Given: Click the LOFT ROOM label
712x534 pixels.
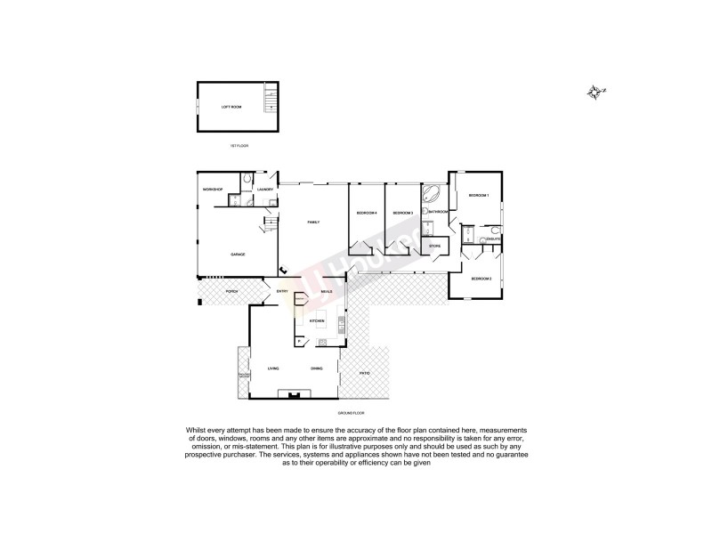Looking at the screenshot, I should [231, 107].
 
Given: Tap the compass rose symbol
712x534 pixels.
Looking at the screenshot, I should [596, 91].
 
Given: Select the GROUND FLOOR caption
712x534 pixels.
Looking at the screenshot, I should [352, 415].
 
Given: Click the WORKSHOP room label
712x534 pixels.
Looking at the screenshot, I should [212, 190].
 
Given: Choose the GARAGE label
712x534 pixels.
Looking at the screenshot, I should [238, 255].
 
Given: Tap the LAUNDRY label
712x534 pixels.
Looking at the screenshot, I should [264, 190].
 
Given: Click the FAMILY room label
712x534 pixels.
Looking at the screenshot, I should [313, 222].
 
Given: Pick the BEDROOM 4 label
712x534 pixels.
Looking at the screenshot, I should [368, 214].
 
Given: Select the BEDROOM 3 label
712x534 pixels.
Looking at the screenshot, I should [404, 214].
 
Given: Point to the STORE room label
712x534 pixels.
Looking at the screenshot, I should [435, 246].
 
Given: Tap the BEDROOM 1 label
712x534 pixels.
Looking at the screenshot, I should [481, 195].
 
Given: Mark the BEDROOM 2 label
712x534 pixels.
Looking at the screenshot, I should [481, 279].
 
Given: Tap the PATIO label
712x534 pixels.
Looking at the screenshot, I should [365, 373].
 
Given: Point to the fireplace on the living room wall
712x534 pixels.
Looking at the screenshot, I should [293, 392].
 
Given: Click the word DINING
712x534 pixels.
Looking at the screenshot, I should [317, 368].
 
